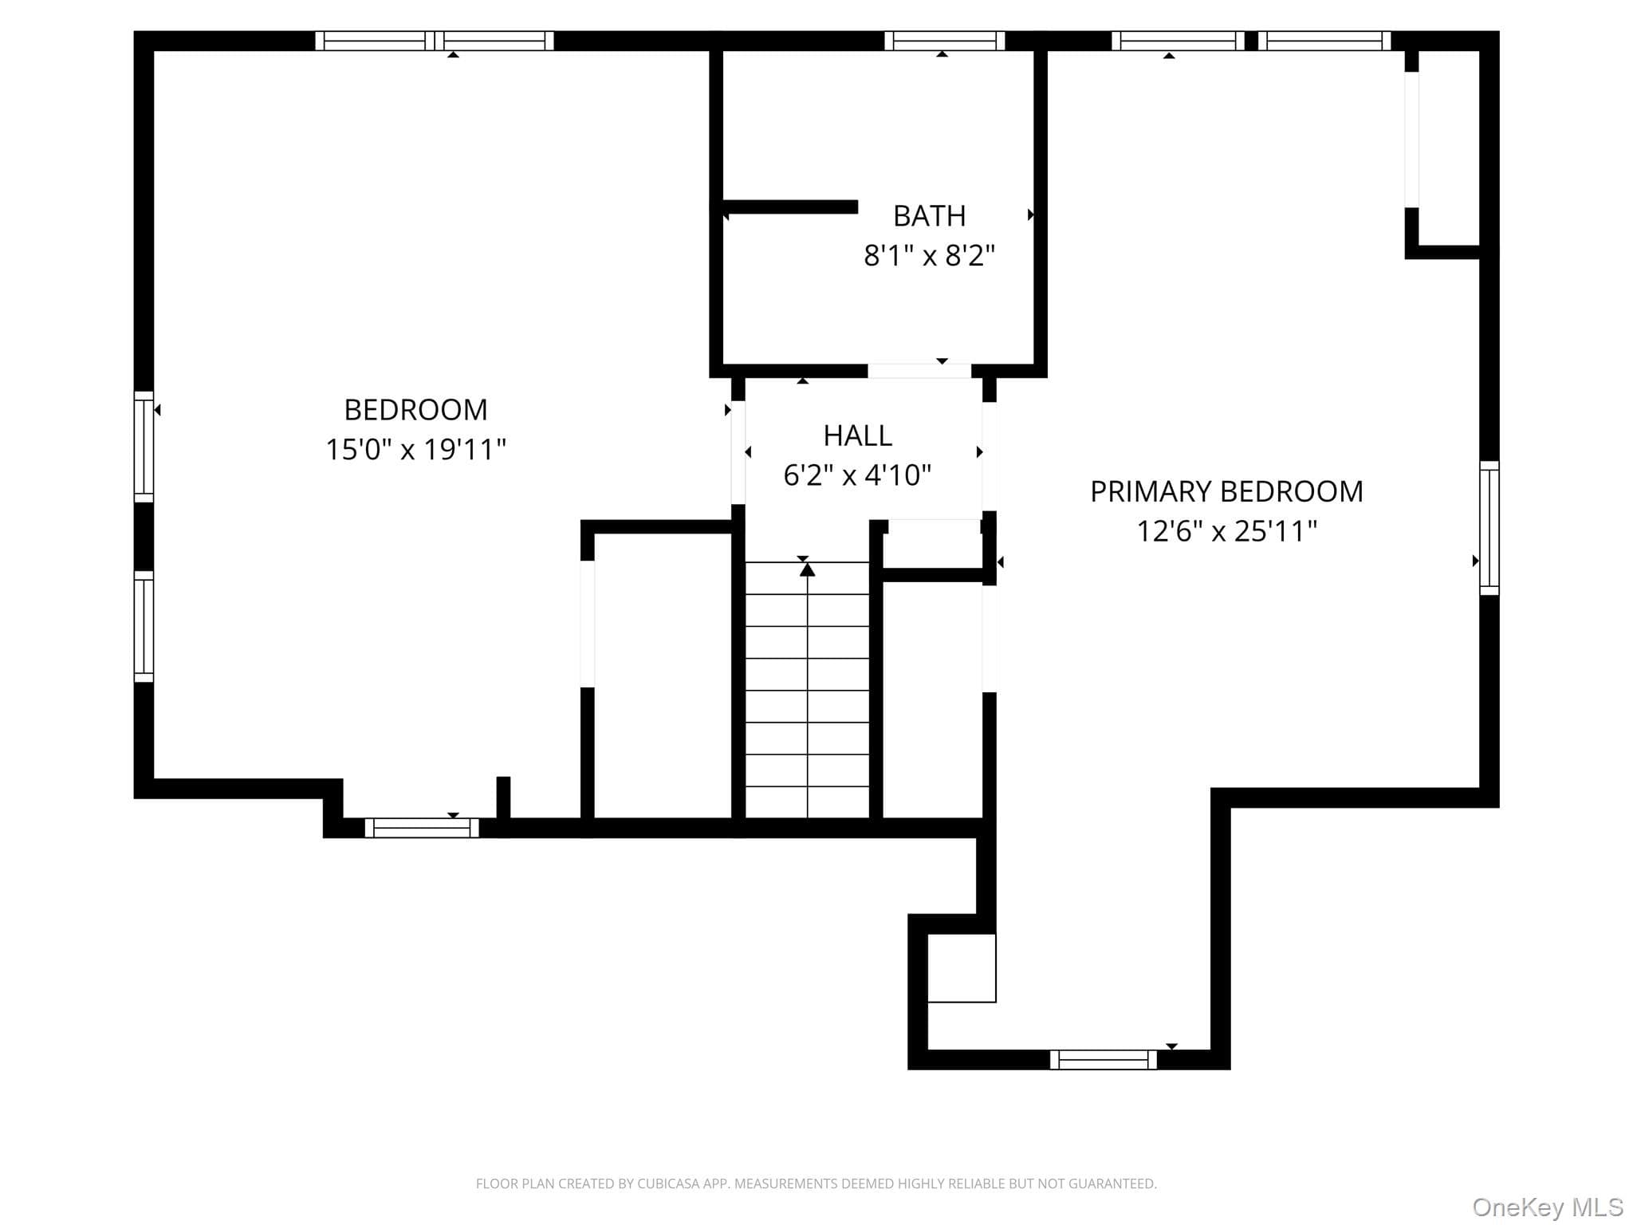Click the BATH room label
(x=929, y=215)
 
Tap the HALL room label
(x=857, y=435)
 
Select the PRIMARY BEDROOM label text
(x=1226, y=491)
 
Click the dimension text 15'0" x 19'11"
(x=415, y=450)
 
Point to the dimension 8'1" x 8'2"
(x=929, y=255)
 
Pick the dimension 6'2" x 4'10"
(x=857, y=475)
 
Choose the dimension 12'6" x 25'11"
(x=1226, y=530)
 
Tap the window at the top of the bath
(x=944, y=41)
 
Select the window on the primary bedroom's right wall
(x=1489, y=528)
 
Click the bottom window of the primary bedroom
(x=1103, y=1059)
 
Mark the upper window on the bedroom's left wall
(x=144, y=447)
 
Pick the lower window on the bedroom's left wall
(x=144, y=626)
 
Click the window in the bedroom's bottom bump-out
(x=422, y=828)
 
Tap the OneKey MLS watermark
(x=1548, y=1207)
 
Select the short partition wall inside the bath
(x=790, y=207)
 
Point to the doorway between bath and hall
(x=919, y=371)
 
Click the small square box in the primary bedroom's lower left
(x=962, y=967)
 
